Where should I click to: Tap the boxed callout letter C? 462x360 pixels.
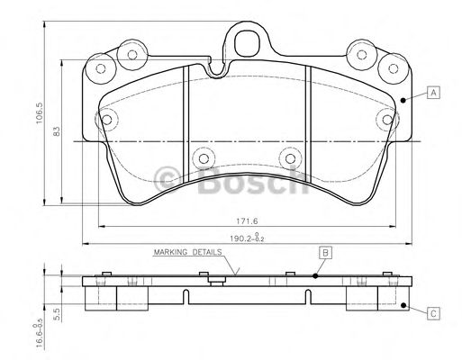coord(434,313)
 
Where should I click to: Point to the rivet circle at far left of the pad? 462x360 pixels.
coord(107,120)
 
